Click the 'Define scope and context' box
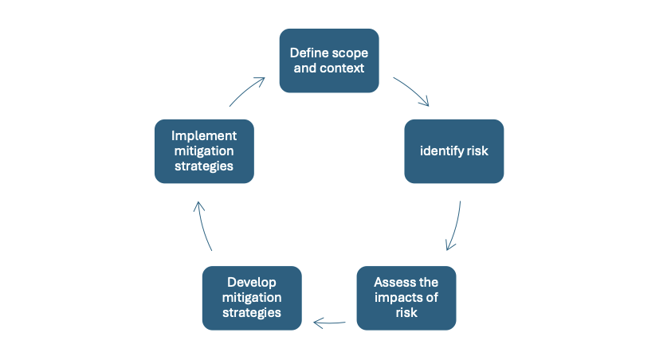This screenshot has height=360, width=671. pos(328,61)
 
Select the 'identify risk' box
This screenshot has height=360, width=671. pos(453,151)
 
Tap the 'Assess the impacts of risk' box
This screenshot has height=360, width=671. pos(406,298)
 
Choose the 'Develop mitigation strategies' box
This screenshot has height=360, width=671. pos(252,298)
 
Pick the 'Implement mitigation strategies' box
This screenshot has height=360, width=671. pos(204,151)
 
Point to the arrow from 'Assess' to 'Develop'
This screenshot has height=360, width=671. pos(329,323)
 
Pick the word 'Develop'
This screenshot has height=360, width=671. pos(252,282)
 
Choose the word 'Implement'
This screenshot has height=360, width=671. pos(204,135)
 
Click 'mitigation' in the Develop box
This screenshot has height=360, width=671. pos(252,298)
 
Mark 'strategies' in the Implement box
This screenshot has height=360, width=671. pos(204,167)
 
